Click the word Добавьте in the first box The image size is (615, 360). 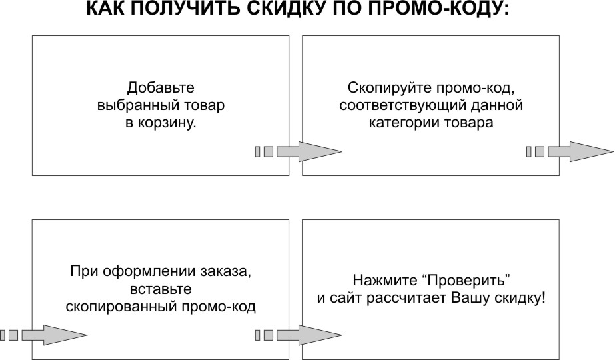(161, 88)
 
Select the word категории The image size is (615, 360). (404, 123)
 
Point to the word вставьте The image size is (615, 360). (161, 289)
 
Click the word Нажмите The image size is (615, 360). (385, 280)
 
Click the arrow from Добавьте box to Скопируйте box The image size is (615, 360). (299, 151)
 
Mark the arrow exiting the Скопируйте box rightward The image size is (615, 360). (570, 151)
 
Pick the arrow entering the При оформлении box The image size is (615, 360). (43, 335)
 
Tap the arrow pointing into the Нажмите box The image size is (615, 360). (299, 335)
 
